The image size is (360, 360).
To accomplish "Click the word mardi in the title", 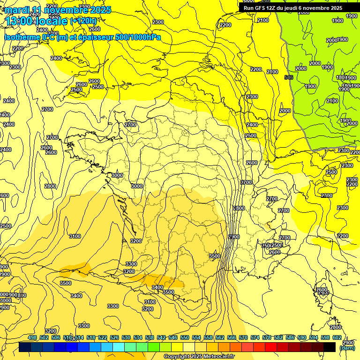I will pos(17,10).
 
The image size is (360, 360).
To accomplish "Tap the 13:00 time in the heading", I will pos(18,21).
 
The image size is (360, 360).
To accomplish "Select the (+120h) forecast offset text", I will pos(83,21).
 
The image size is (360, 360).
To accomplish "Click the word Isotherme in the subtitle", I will pos(22,37).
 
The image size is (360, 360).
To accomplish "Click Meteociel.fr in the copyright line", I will pos(218,357).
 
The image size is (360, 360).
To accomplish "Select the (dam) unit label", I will pos(347,347).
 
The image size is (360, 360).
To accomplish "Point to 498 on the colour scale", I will pos(32,337).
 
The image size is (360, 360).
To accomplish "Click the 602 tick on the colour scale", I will pos(337,337).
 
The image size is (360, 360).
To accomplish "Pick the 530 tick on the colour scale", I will pos(126,337).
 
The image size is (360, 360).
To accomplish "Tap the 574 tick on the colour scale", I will pos(255,337).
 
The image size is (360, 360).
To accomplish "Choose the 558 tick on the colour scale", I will pos(208,337).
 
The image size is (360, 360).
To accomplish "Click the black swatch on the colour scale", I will pos(330,347).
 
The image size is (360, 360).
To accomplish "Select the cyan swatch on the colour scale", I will pos(119,347).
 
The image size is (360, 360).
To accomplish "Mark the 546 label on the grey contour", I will pos(289,77).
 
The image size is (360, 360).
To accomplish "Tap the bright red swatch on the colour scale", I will pos(271,347).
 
